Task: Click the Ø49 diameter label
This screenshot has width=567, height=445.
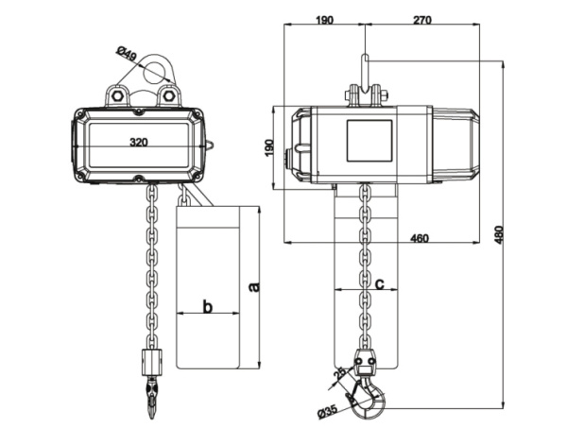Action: pyautogui.click(x=129, y=55)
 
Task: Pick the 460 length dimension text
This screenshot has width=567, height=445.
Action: pyautogui.click(x=421, y=238)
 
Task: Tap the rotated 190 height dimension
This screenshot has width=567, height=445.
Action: pyautogui.click(x=269, y=147)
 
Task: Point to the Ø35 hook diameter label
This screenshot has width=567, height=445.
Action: pyautogui.click(x=328, y=410)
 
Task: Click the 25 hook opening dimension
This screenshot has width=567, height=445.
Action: pyautogui.click(x=338, y=377)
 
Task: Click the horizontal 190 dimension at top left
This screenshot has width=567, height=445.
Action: pyautogui.click(x=323, y=18)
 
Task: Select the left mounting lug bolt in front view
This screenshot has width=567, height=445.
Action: pyautogui.click(x=117, y=94)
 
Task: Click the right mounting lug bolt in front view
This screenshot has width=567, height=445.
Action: pyautogui.click(x=170, y=94)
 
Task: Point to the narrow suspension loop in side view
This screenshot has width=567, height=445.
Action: pyautogui.click(x=365, y=71)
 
